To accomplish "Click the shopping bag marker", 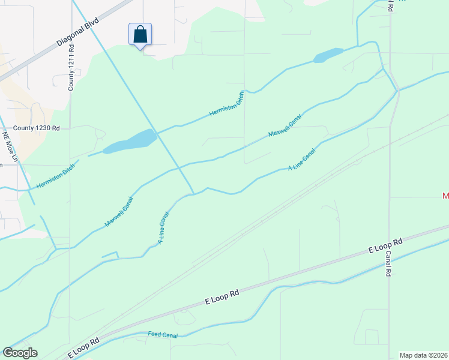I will coord(140,34).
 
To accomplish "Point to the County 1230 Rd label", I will coord(37,128).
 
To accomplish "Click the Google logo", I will coord(20,353).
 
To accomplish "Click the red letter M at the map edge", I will coord(445,196).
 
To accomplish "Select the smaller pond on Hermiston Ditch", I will coord(328,55).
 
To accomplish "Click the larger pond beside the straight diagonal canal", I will coord(129,141).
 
